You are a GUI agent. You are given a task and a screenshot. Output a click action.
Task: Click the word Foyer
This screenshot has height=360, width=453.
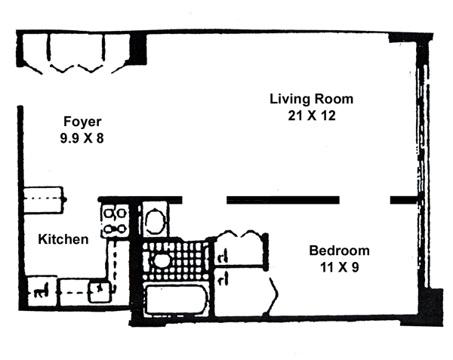click(x=82, y=122)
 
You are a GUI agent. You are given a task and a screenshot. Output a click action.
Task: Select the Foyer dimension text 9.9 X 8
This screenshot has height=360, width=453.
click(x=82, y=138)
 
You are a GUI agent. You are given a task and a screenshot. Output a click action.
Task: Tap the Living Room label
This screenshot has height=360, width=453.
click(x=311, y=99)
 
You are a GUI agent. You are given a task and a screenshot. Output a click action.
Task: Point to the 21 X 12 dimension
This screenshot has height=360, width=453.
click(x=312, y=115)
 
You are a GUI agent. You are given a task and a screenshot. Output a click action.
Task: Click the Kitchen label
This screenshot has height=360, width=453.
click(x=63, y=239)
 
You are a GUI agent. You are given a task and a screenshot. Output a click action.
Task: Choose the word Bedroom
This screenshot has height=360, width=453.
click(x=340, y=251)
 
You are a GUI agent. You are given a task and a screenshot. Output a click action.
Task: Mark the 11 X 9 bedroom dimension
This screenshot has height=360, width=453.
click(x=340, y=267)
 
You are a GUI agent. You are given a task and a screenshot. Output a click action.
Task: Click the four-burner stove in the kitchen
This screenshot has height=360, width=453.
click(x=116, y=221)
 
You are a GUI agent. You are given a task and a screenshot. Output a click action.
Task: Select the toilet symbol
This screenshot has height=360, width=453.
click(x=155, y=220)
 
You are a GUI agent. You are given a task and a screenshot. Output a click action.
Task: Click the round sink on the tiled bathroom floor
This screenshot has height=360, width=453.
click(x=162, y=260)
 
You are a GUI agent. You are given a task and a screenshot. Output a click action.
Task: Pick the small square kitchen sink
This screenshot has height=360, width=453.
click(x=100, y=291)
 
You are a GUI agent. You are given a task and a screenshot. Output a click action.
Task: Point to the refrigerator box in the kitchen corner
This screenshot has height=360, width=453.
click(x=42, y=291)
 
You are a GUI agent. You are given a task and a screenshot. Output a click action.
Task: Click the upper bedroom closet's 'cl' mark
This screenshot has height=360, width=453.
click(x=223, y=256)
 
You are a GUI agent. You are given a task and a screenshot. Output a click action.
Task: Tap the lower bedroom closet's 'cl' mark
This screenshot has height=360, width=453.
click(x=223, y=278)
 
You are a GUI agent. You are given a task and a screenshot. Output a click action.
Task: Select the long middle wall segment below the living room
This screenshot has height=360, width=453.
click(x=283, y=200)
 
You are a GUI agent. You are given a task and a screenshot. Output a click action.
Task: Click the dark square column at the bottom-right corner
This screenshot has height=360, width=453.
click(x=430, y=307)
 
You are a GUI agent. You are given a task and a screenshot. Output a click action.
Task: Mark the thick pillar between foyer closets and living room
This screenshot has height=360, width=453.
click(x=138, y=48)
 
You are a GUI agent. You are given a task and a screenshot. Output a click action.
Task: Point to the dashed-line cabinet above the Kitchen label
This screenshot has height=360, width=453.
click(x=43, y=200)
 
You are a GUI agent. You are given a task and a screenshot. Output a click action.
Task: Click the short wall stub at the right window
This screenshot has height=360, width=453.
click(x=404, y=200)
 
